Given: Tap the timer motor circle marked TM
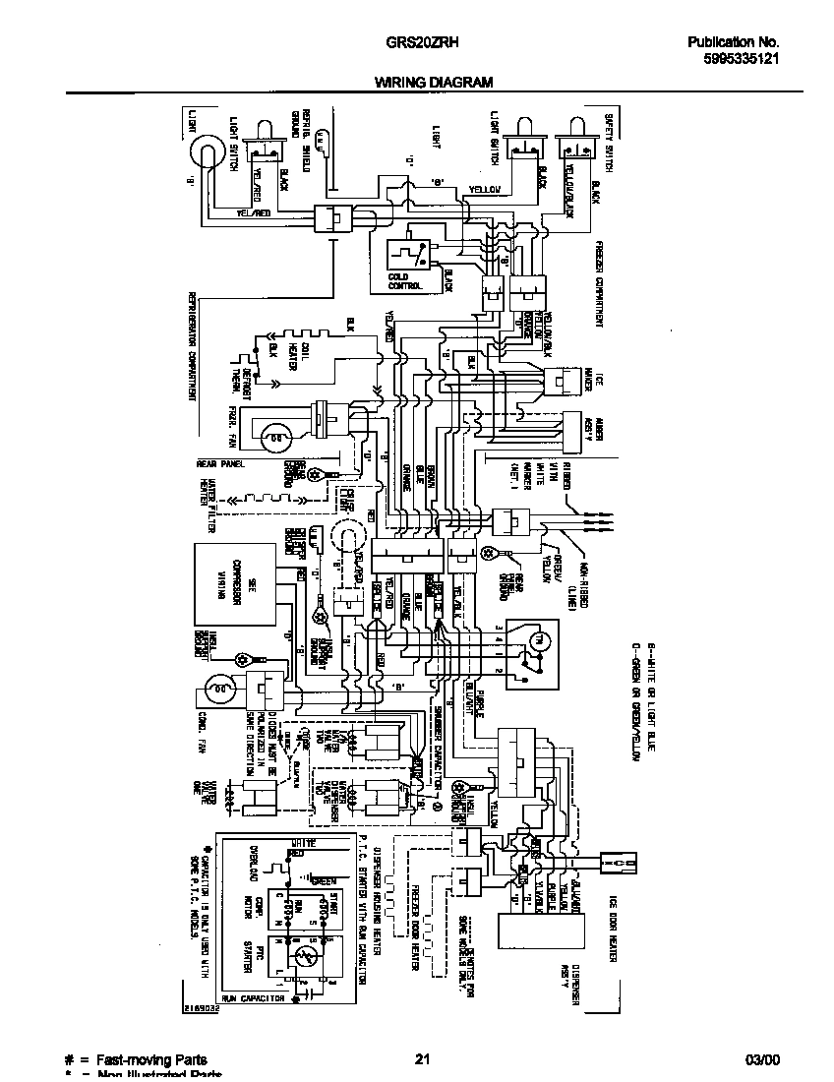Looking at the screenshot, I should click(x=536, y=641).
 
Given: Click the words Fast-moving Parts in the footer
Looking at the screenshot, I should click(x=150, y=1059).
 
